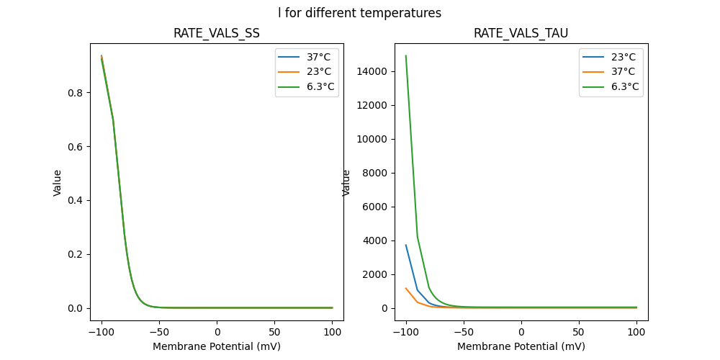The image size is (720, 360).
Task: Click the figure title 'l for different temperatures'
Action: (360, 13)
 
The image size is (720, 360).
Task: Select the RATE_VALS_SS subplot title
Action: (217, 33)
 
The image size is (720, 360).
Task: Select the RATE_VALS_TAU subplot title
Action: (521, 33)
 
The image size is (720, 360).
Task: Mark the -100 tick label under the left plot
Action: (102, 332)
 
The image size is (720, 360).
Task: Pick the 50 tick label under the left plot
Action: (274, 332)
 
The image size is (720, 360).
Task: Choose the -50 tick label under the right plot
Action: (464, 332)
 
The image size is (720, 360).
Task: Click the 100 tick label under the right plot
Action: (636, 332)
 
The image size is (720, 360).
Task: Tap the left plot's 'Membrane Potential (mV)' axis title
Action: (217, 346)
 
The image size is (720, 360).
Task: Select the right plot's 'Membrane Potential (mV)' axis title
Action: (521, 346)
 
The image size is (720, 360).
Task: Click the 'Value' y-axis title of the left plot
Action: (58, 183)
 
